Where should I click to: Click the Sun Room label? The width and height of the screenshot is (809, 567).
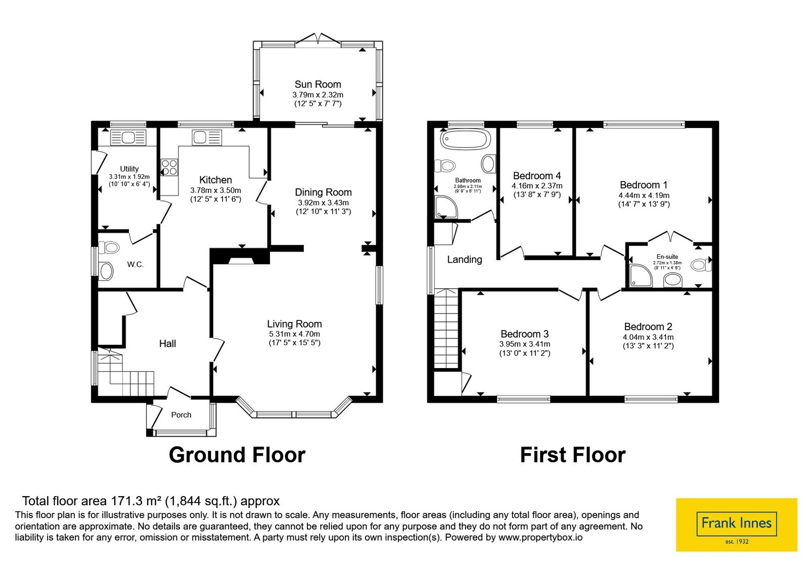tap(318, 84)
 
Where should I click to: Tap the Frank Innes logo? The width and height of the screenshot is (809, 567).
tap(736, 524)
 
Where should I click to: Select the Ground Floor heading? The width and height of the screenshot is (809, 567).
tap(237, 455)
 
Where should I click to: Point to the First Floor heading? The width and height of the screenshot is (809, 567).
tap(573, 455)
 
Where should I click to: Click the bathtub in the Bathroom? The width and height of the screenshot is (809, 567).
tap(466, 140)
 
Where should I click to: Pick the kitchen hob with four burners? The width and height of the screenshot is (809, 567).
tap(169, 168)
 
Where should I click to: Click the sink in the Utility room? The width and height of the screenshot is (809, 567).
tap(128, 138)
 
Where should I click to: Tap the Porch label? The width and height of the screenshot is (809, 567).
tap(181, 415)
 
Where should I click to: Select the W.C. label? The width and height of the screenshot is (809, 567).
tap(136, 264)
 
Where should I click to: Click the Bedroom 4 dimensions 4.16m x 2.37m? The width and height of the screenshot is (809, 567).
tap(537, 186)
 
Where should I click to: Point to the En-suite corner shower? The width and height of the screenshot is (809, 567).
tap(641, 275)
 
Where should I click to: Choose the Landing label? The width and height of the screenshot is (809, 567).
tap(465, 259)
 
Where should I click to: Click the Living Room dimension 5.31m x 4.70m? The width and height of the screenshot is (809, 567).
tap(294, 334)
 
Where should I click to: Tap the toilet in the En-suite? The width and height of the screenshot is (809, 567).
tap(701, 265)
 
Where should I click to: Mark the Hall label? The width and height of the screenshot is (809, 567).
tap(167, 344)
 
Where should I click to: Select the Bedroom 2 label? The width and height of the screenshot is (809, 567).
tap(648, 327)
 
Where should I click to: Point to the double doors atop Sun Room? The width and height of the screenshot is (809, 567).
tap(318, 40)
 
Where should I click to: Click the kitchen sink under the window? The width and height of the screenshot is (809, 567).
tap(207, 138)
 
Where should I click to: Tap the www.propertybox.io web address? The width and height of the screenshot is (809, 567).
tap(541, 537)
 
